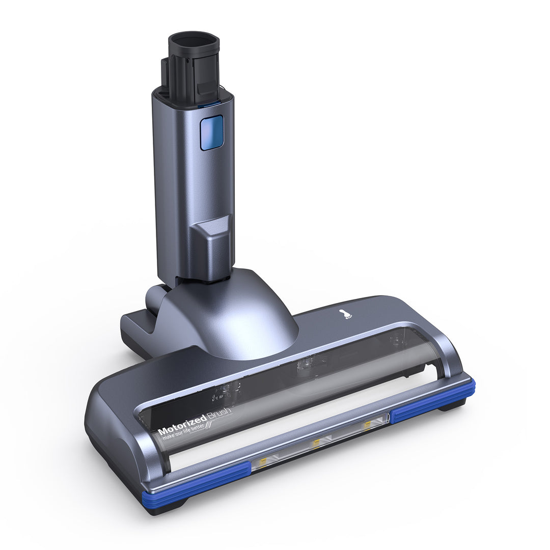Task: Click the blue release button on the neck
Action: [211, 132]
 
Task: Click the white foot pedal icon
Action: [347, 315]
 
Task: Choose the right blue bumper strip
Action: [433, 399]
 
